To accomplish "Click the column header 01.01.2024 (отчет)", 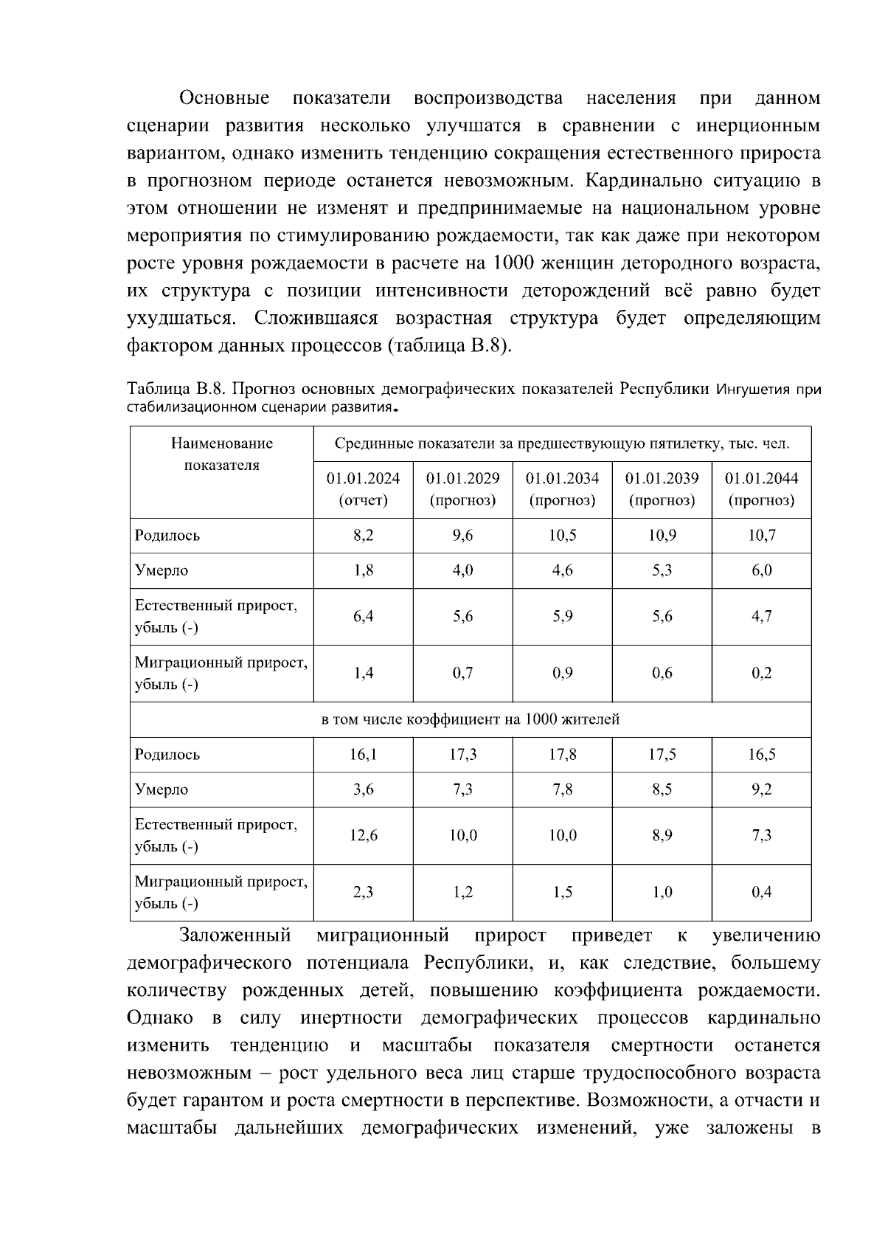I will coord(363,488).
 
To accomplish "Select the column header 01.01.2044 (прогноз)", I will coord(761,488).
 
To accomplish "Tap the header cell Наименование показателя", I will coord(222,454).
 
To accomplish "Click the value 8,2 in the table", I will coord(363,536).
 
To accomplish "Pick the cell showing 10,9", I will coord(662,536).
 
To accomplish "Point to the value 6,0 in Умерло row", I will coord(761,570).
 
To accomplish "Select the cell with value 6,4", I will coord(363,616).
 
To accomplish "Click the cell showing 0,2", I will coord(761,673).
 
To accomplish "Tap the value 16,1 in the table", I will coord(363,755).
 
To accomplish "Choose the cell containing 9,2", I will coord(761,789).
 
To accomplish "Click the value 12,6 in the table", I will coord(363,835).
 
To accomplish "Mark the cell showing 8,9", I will coord(662,835).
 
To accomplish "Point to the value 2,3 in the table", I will coord(363,892).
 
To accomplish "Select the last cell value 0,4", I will coord(761,892).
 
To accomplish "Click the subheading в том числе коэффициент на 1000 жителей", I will coord(471,719).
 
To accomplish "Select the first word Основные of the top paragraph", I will coord(224,98).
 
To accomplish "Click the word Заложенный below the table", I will coord(235,936).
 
